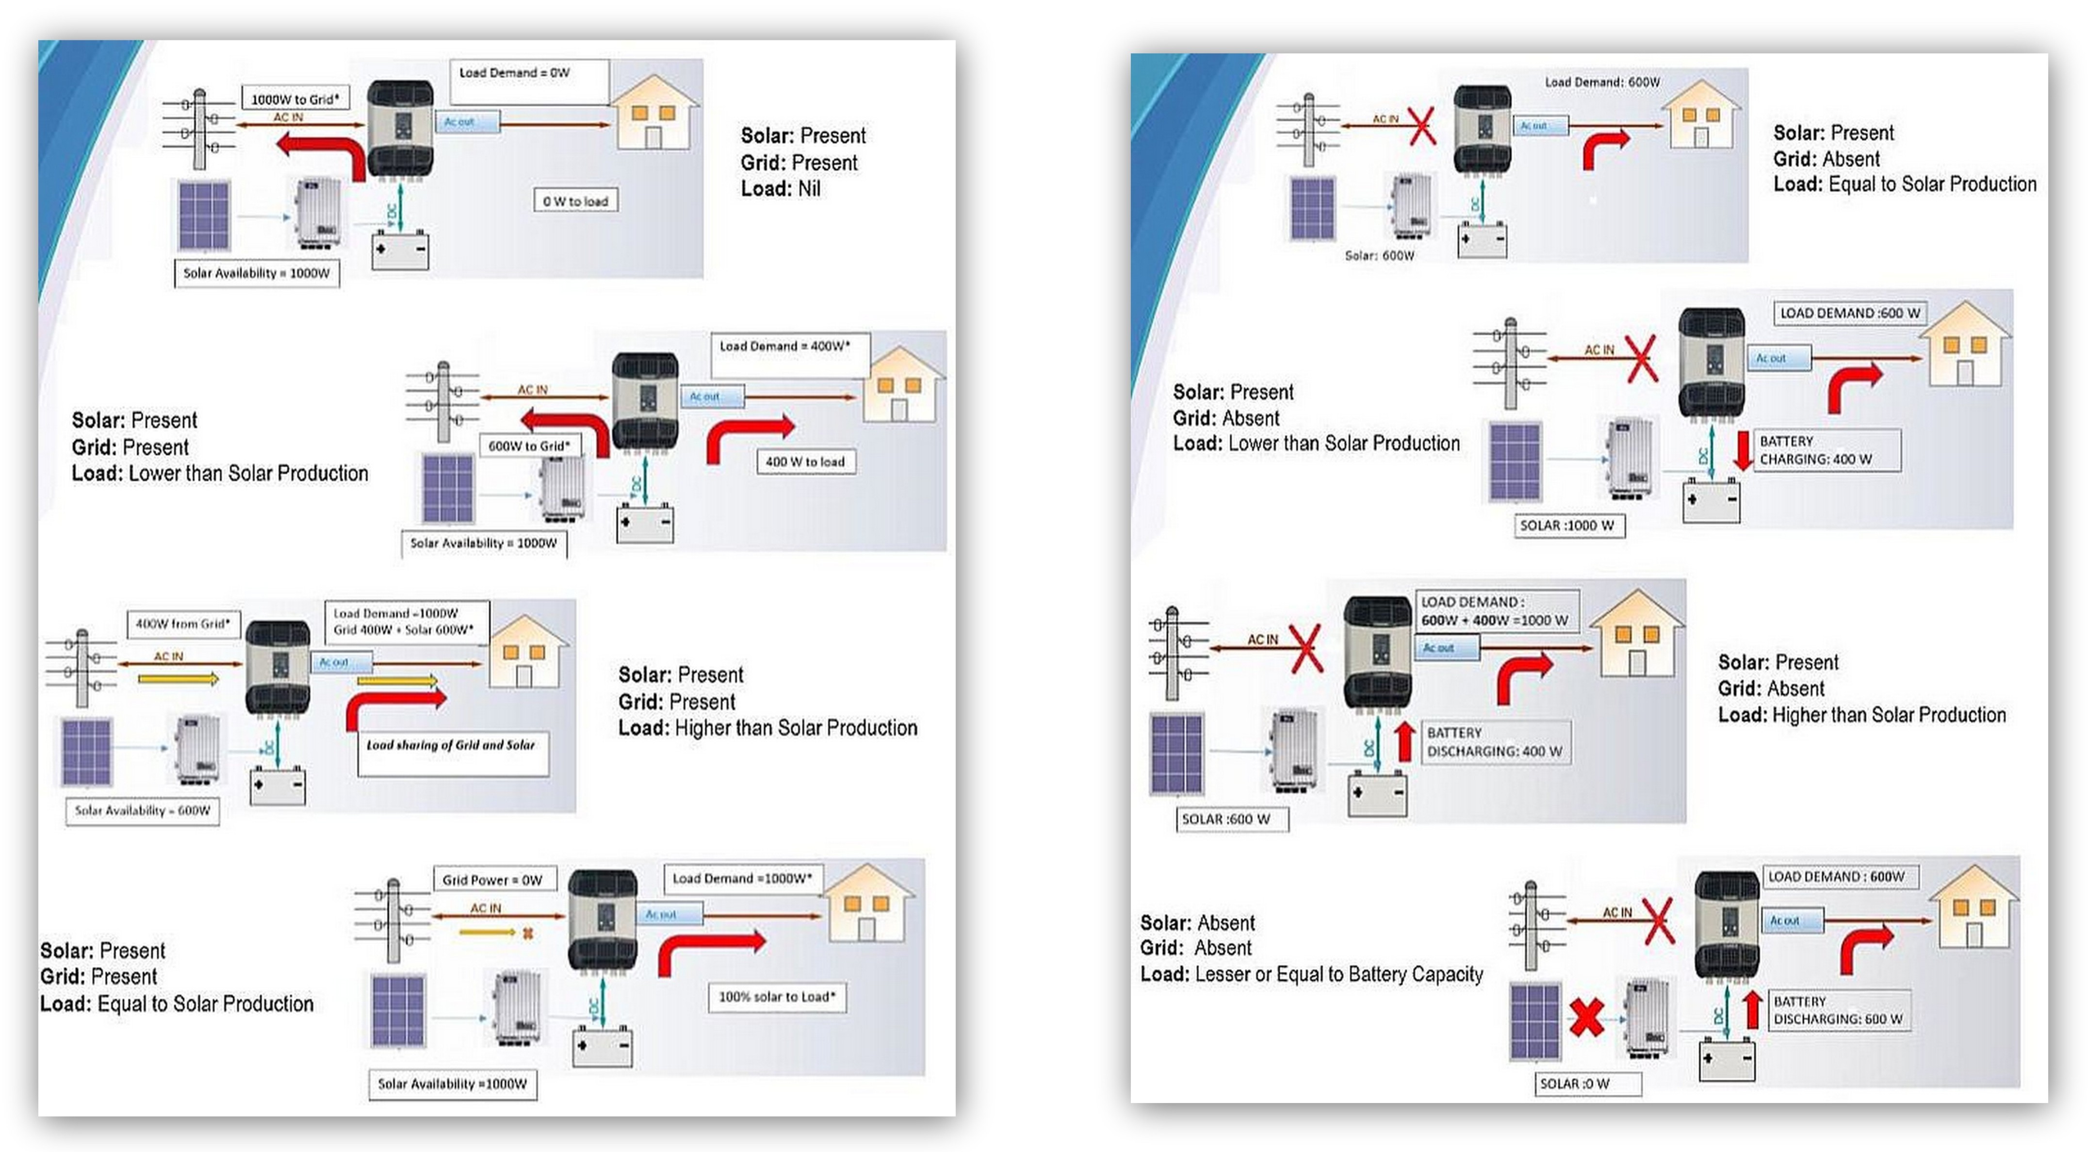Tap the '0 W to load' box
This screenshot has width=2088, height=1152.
click(x=575, y=201)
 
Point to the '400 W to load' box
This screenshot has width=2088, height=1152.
click(x=805, y=461)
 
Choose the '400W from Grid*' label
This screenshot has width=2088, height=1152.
click(x=183, y=624)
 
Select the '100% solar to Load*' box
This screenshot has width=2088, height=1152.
click(x=777, y=996)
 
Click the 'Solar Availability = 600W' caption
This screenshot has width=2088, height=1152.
click(x=143, y=810)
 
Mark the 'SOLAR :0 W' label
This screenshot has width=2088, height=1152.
click(x=1587, y=1083)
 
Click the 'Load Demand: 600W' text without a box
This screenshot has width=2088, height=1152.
click(x=1602, y=82)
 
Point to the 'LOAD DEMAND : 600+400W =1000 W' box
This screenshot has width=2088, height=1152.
click(x=1496, y=610)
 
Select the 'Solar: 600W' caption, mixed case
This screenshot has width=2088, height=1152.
click(x=1379, y=255)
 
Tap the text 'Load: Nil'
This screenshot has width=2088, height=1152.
click(x=780, y=189)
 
